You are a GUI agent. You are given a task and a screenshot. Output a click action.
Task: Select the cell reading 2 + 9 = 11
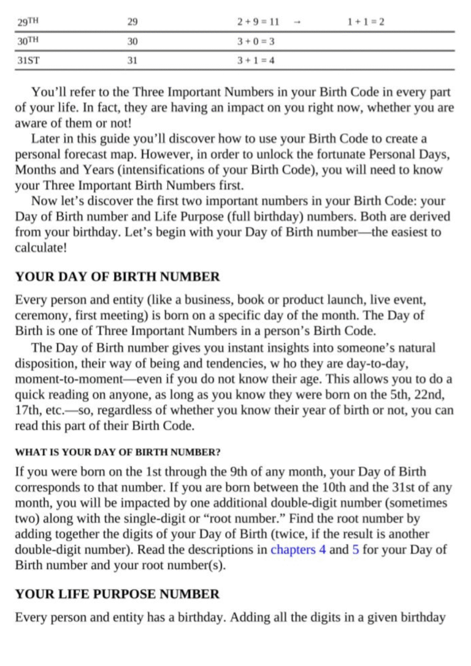(258, 22)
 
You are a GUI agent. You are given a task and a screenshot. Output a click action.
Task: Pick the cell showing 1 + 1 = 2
(366, 22)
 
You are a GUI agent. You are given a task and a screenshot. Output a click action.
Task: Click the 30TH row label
(29, 41)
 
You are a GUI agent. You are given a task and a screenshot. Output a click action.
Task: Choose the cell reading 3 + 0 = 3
(256, 42)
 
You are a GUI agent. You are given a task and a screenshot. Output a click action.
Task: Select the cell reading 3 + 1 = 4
(256, 61)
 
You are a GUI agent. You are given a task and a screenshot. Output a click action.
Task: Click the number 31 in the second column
(132, 61)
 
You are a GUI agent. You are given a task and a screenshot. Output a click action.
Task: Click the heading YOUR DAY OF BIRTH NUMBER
(117, 277)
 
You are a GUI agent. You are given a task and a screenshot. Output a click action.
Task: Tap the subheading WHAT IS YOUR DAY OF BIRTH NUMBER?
(117, 453)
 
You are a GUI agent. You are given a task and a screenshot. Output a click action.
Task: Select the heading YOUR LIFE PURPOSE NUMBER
(117, 594)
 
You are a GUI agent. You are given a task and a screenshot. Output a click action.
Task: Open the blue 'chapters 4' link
(298, 549)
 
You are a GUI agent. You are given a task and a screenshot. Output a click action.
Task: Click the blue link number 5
(355, 549)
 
